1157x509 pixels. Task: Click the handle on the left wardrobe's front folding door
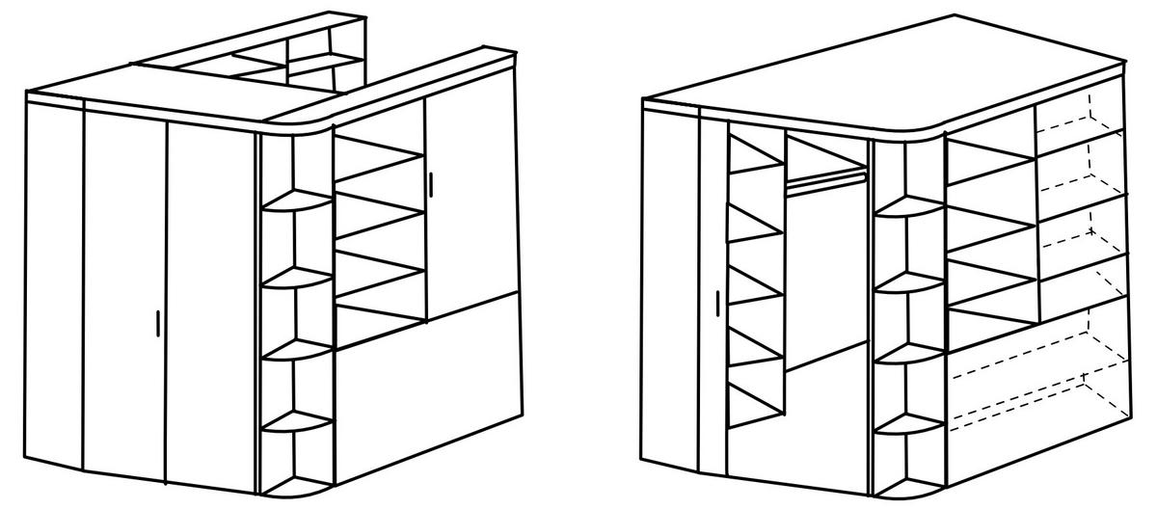coord(158,323)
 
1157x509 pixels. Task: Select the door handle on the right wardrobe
coord(718,302)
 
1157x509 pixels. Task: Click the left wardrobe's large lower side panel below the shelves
coord(429,386)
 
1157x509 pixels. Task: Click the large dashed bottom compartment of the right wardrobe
coord(1032,371)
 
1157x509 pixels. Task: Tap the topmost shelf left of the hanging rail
coord(755,159)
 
